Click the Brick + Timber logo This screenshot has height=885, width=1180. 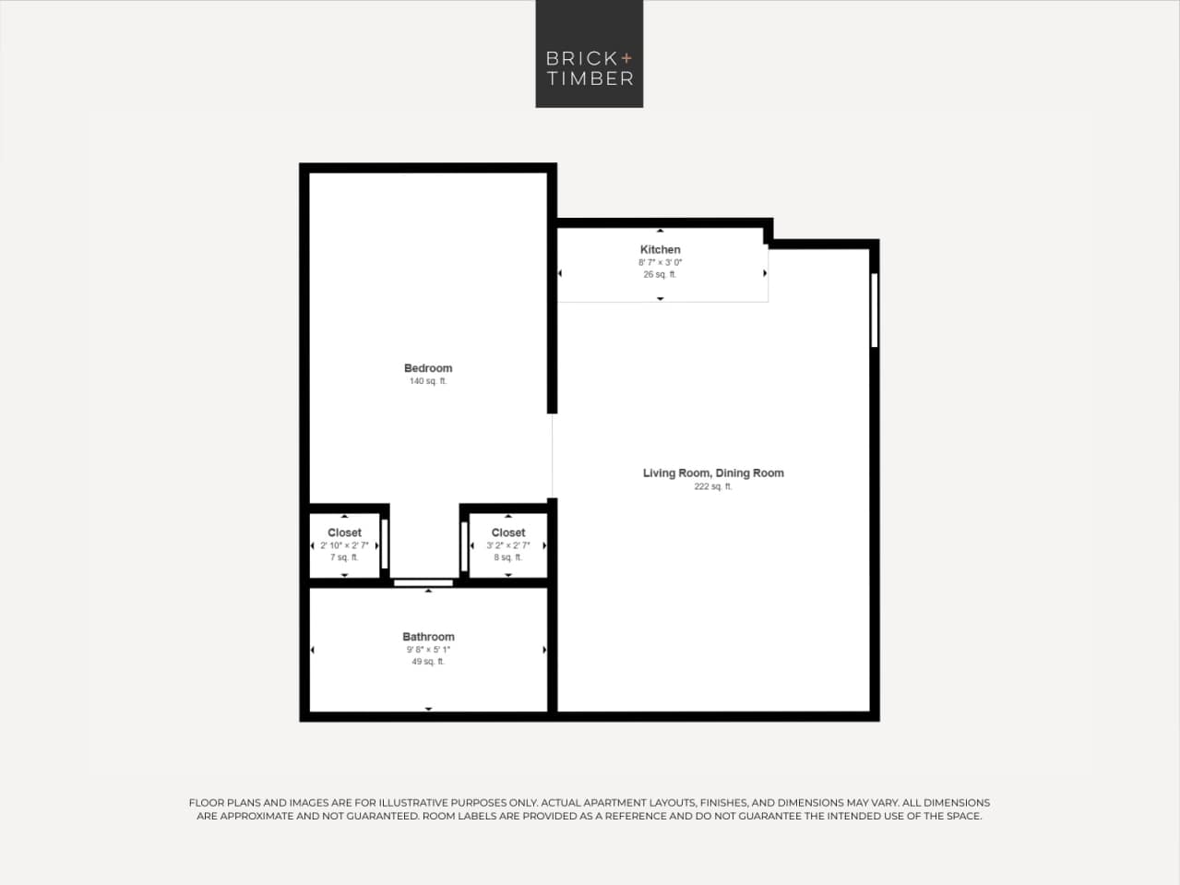tap(589, 54)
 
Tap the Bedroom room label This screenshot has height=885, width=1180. tap(428, 368)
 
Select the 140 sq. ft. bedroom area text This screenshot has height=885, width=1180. tap(428, 381)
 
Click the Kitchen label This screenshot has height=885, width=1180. tap(660, 249)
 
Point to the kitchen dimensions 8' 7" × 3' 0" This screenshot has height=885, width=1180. tap(660, 262)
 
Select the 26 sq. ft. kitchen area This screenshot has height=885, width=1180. tap(660, 274)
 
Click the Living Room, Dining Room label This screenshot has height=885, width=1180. tap(713, 473)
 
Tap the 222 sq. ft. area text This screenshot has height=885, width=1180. tap(713, 486)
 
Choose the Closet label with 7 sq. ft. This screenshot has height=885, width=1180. tap(344, 532)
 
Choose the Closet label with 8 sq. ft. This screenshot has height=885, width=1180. tap(508, 532)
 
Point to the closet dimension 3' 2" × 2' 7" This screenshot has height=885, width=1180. tap(508, 545)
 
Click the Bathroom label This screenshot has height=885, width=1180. tap(428, 637)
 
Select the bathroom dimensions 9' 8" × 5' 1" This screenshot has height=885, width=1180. tap(428, 650)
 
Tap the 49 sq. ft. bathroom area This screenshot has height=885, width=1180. tap(428, 662)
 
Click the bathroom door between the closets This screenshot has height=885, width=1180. tap(423, 583)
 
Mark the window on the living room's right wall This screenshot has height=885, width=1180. tap(874, 310)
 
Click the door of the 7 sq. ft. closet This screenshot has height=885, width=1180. tap(385, 544)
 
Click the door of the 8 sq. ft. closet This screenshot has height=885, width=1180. tap(464, 546)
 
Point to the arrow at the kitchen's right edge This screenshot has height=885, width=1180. tap(765, 273)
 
